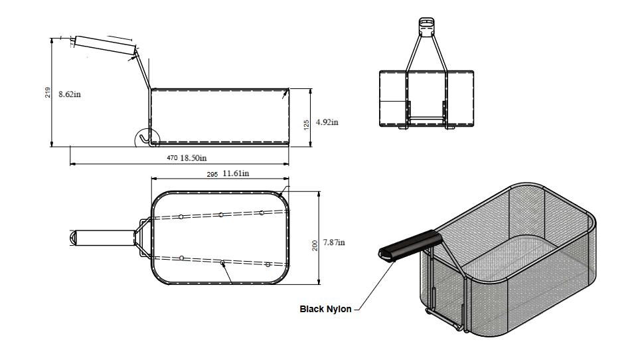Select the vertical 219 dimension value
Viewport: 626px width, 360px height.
47,93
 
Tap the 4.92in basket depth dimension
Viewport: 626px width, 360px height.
327,122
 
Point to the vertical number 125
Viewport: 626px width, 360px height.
306,124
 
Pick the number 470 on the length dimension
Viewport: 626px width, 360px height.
172,158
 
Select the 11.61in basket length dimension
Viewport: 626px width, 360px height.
236,173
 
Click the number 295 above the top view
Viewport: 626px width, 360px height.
212,174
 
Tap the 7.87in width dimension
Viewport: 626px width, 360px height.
335,243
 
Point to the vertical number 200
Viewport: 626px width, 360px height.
315,245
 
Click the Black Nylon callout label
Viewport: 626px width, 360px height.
325,309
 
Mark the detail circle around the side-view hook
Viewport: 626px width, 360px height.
145,138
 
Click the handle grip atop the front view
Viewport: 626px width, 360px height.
426,25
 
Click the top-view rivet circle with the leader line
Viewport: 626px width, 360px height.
223,263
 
